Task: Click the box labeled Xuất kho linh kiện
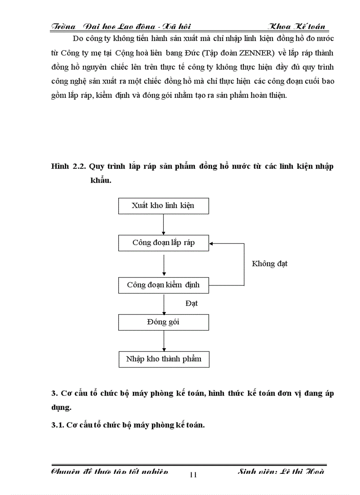pyautogui.click(x=163, y=206)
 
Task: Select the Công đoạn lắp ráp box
pyautogui.click(x=163, y=243)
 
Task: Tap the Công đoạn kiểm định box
pyautogui.click(x=163, y=285)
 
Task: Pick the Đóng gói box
pyautogui.click(x=163, y=322)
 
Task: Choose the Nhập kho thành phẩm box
pyautogui.click(x=164, y=359)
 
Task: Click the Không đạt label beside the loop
pyautogui.click(x=270, y=264)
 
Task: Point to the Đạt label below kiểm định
pyautogui.click(x=191, y=304)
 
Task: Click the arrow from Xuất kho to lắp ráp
pyautogui.click(x=164, y=224)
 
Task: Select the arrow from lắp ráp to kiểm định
pyautogui.click(x=164, y=264)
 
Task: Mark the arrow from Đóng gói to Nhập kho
pyautogui.click(x=164, y=341)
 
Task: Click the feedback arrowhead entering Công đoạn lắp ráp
pyautogui.click(x=212, y=243)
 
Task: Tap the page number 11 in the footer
pyautogui.click(x=193, y=475)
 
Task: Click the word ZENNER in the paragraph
pyautogui.click(x=255, y=53)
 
